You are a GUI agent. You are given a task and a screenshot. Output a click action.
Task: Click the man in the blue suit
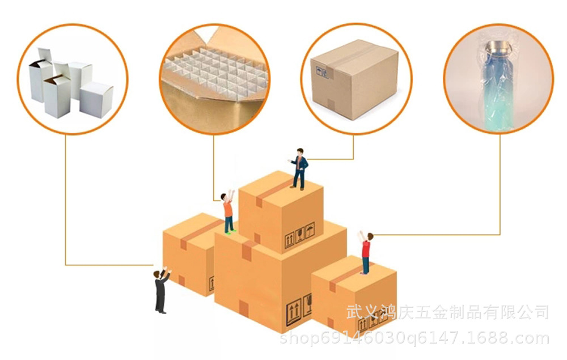pyautogui.click(x=299, y=169)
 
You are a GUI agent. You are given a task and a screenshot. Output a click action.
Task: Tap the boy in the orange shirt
pyautogui.click(x=228, y=213)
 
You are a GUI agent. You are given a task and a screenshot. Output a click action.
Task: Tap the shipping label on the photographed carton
pyautogui.click(x=322, y=73)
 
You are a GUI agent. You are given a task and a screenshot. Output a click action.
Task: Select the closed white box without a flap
pyautogui.click(x=96, y=99)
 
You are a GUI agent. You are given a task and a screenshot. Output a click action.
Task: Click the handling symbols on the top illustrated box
pyautogui.click(x=299, y=235)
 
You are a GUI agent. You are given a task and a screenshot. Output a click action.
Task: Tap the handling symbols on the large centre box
pyautogui.click(x=299, y=310)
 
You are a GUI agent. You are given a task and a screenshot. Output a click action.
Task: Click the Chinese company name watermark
pyautogui.click(x=448, y=312)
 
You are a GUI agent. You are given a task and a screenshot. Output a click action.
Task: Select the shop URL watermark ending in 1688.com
pyautogui.click(x=414, y=338)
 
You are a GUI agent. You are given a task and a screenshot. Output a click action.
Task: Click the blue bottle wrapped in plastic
pyautogui.click(x=497, y=85)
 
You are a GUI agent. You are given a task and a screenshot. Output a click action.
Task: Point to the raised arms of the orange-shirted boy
pyautogui.click(x=230, y=196)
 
